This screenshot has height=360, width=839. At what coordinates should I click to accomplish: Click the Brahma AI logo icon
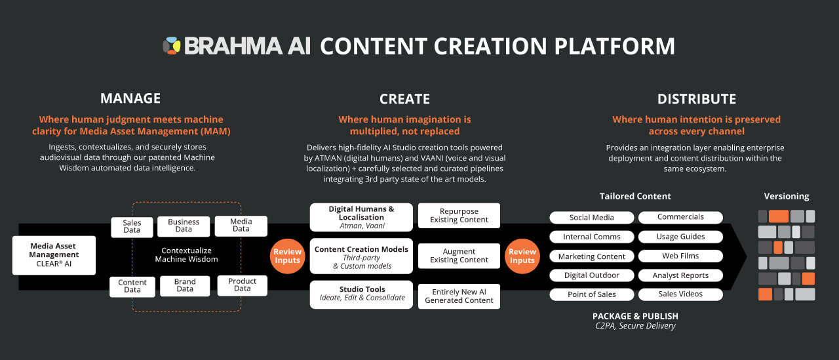[x=172, y=45]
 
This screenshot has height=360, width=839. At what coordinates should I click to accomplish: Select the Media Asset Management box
[x=54, y=255]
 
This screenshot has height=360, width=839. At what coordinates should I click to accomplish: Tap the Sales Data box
[x=132, y=227]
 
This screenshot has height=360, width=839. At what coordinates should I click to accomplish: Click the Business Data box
[x=184, y=226]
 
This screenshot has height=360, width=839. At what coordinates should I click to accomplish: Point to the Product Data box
[x=243, y=285]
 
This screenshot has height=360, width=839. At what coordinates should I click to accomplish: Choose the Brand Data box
[x=185, y=285]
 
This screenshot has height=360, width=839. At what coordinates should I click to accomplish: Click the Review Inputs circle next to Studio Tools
[x=287, y=256]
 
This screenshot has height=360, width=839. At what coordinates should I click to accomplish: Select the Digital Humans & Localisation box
[x=362, y=217]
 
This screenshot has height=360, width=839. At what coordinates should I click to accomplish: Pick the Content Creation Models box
[x=362, y=257]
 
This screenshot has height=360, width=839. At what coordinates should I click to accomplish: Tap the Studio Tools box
[x=362, y=294]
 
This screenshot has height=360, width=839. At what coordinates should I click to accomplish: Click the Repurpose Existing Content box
[x=459, y=216]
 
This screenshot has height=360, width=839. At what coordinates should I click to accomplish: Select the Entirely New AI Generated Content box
[x=459, y=296]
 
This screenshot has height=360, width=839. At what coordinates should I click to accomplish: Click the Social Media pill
[x=592, y=218]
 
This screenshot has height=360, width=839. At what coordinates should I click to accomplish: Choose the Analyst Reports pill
[x=680, y=275]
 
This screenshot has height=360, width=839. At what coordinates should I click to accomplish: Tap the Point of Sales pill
[x=592, y=294]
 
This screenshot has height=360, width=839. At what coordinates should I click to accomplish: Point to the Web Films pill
[x=680, y=256]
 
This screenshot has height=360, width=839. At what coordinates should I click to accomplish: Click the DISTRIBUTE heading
[x=697, y=99]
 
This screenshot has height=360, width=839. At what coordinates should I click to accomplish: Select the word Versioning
[x=787, y=196]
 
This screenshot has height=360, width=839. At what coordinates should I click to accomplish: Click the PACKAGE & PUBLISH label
[x=635, y=316]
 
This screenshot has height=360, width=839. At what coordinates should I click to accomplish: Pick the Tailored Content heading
[x=635, y=196]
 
